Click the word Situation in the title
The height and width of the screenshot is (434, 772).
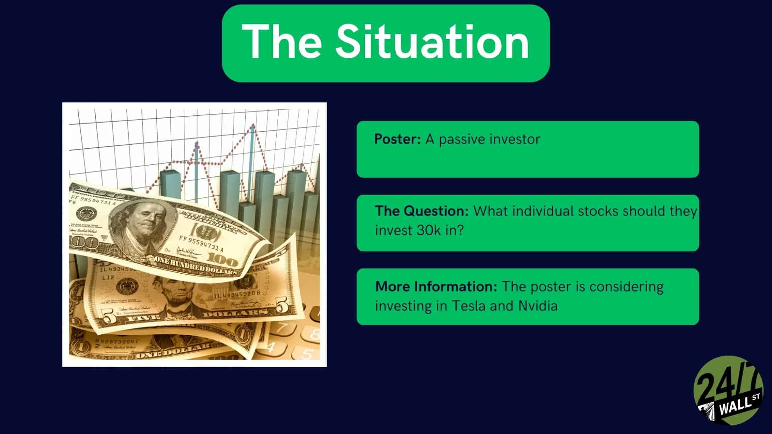(433, 41)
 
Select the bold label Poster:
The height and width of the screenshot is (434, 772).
(398, 139)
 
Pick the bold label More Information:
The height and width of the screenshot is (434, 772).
(436, 287)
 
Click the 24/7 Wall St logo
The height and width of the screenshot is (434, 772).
(728, 390)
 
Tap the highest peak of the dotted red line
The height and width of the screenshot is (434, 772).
(253, 125)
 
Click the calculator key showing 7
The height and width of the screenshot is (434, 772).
(283, 326)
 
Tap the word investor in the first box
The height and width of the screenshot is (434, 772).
(515, 139)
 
